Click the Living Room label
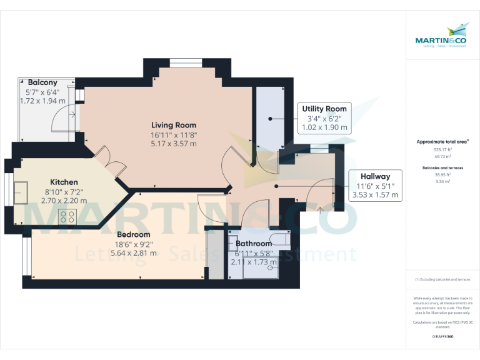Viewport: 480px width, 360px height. pyautogui.click(x=173, y=124)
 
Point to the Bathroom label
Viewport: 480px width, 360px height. pyautogui.click(x=254, y=244)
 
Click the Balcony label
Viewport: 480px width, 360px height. pyautogui.click(x=42, y=82)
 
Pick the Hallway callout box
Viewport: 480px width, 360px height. pyautogui.click(x=375, y=186)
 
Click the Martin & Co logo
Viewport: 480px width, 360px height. pyautogui.click(x=442, y=36)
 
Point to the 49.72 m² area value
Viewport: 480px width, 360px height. pyautogui.click(x=442, y=156)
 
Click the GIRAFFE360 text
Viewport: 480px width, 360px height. pyautogui.click(x=442, y=336)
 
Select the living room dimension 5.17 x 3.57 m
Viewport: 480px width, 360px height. pyautogui.click(x=173, y=143)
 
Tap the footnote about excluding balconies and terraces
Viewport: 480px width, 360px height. pyautogui.click(x=442, y=279)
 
